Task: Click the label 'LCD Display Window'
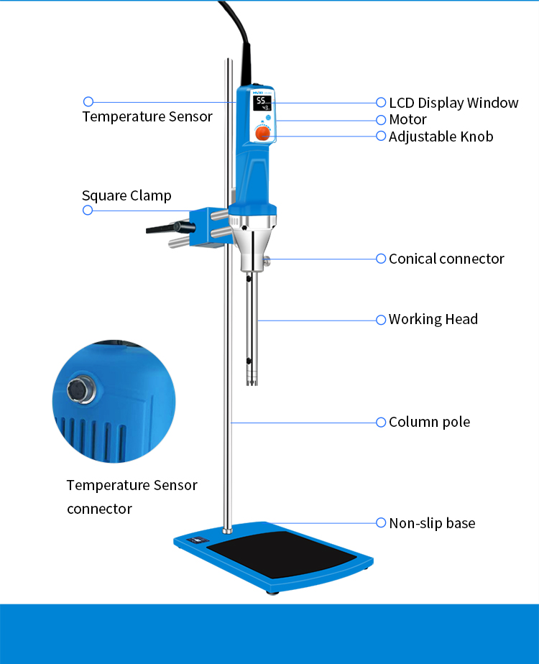pyautogui.click(x=453, y=103)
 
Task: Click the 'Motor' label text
pyautogui.click(x=407, y=119)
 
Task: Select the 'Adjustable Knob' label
pyautogui.click(x=441, y=136)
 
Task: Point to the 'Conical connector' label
pyautogui.click(x=446, y=259)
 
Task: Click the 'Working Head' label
pyautogui.click(x=433, y=319)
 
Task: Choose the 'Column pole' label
pyautogui.click(x=429, y=422)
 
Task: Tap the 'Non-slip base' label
pyautogui.click(x=432, y=523)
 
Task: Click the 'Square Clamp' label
pyautogui.click(x=126, y=195)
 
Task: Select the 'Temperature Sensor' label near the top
pyautogui.click(x=147, y=116)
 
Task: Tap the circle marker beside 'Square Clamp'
pyautogui.click(x=88, y=210)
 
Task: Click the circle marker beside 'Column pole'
pyautogui.click(x=381, y=422)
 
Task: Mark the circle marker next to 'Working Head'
pyautogui.click(x=381, y=319)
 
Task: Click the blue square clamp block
pyautogui.click(x=209, y=226)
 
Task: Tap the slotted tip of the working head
pyautogui.click(x=252, y=377)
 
